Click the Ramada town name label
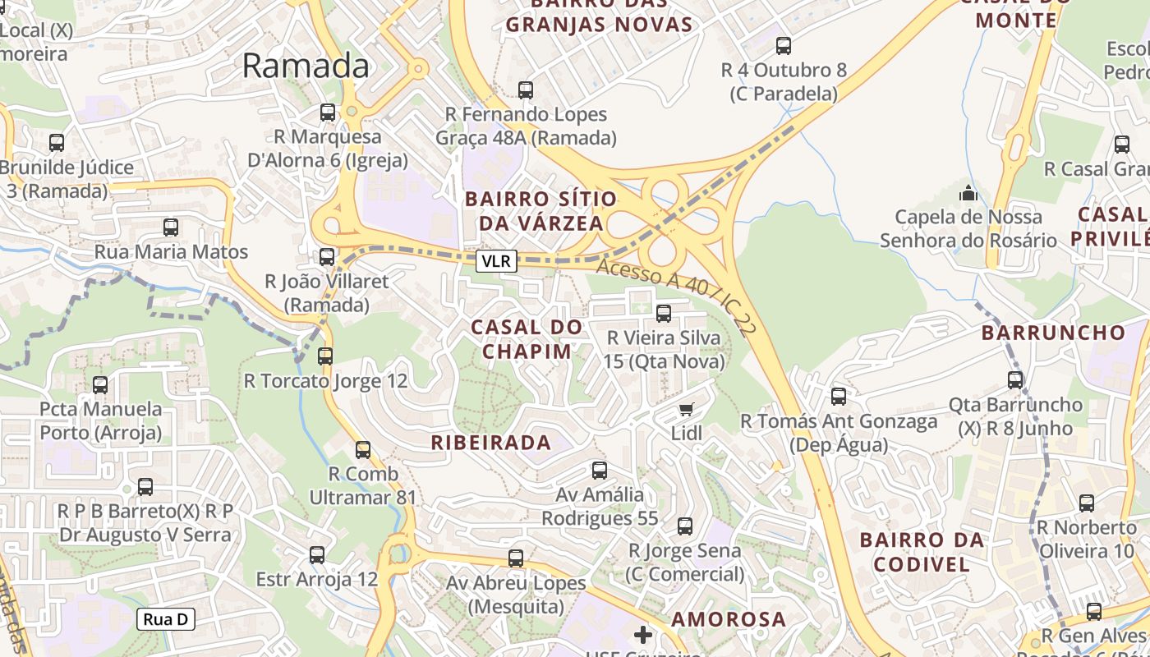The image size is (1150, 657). (306, 66)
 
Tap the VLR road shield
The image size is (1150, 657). (496, 261)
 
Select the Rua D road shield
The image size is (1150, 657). (165, 619)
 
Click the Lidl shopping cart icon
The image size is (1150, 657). (687, 409)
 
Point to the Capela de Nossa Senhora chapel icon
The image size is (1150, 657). (968, 194)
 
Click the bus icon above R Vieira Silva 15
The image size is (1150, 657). (664, 313)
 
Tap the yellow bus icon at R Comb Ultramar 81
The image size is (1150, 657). (362, 450)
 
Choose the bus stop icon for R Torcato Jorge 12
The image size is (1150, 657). (325, 356)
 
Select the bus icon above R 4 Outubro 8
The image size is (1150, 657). (784, 46)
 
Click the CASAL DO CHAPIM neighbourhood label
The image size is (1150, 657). (526, 339)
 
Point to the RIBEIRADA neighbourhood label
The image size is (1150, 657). (491, 443)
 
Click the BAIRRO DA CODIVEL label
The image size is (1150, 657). (922, 552)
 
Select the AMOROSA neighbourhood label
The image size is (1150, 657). (729, 619)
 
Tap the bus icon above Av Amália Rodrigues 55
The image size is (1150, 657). (600, 471)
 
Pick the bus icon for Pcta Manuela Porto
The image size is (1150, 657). (100, 384)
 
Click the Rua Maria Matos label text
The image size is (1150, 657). (171, 251)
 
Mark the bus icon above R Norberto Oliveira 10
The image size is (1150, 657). (1087, 503)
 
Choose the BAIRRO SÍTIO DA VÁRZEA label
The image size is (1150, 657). (540, 211)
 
